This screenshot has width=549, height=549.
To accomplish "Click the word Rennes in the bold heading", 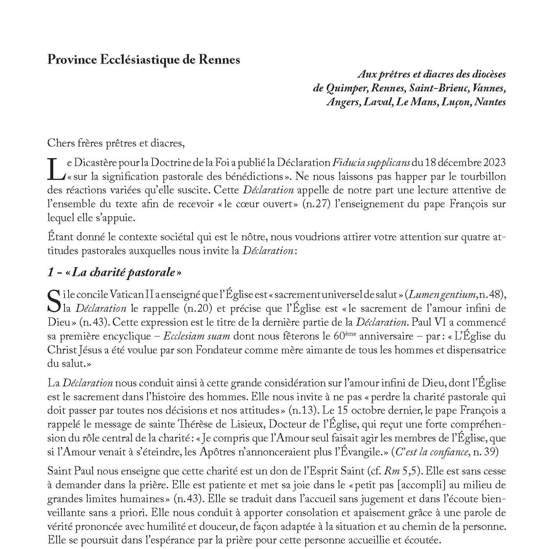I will pos(220,60).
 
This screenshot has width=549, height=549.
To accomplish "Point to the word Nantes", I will pos(490,102).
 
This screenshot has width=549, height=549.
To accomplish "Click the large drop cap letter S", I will pos(54,302).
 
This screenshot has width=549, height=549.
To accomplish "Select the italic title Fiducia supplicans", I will pos(371,163).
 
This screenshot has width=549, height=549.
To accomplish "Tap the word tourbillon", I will pos(484,176).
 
